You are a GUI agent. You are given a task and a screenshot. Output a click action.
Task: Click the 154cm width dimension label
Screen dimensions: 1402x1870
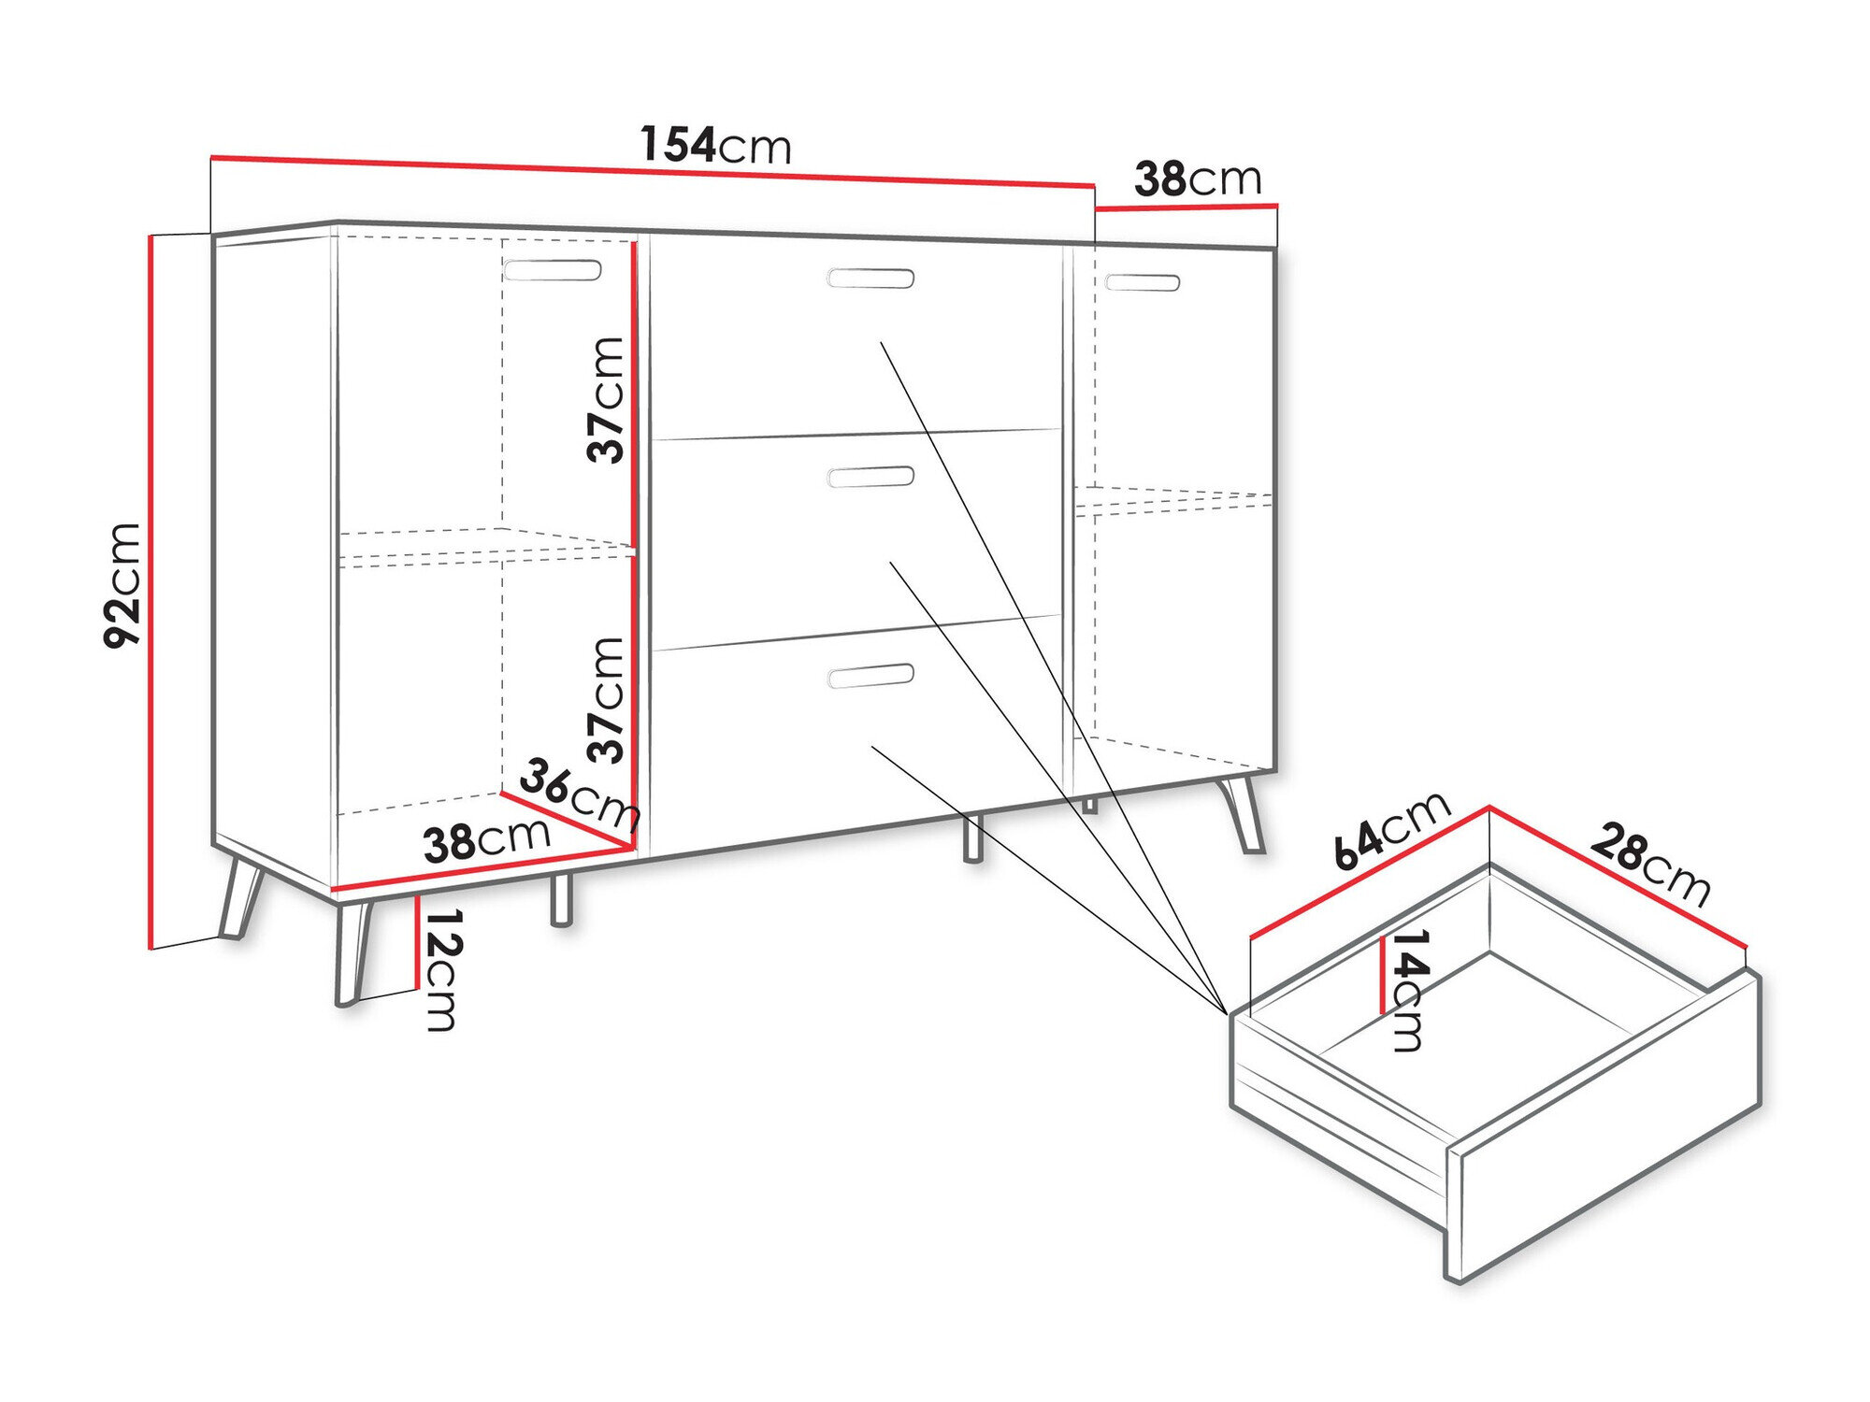pos(715,145)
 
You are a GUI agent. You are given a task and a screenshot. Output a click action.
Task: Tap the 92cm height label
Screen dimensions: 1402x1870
pos(122,585)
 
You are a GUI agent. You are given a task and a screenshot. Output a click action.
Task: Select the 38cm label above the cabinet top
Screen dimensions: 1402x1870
pos(1198,179)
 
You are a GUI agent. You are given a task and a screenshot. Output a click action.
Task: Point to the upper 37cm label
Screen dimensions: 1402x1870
pos(607,400)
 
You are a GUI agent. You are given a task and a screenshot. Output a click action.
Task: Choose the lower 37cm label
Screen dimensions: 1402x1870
pos(607,699)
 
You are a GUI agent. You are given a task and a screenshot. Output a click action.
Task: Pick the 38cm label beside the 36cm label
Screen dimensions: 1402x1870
pos(486,839)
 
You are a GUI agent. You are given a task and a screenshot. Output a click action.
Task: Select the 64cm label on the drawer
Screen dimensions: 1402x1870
pos(1390,830)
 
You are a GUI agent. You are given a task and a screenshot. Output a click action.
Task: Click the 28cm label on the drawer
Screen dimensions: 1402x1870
pos(1650,865)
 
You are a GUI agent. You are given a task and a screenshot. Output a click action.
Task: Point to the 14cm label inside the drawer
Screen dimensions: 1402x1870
pos(1408,990)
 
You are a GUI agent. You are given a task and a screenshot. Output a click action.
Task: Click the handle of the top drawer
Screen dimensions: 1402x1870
pos(870,278)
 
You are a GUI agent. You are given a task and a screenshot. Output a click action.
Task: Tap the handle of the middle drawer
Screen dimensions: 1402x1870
pos(870,477)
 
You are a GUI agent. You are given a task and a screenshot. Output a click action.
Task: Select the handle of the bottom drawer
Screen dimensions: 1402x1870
pos(870,676)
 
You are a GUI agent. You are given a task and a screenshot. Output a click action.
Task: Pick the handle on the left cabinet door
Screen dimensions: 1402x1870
pos(552,270)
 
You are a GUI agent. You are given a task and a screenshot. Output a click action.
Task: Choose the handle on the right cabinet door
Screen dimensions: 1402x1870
pos(1142,281)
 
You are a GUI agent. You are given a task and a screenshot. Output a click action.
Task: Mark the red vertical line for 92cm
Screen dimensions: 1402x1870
pos(151,593)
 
